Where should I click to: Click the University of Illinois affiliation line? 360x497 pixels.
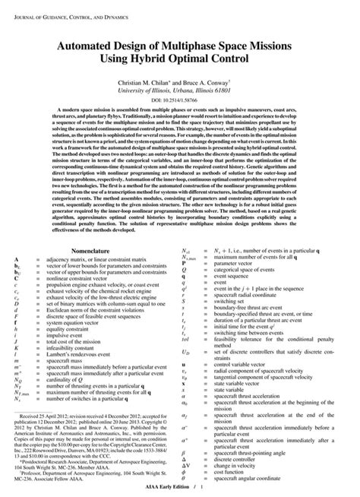[x=179, y=89]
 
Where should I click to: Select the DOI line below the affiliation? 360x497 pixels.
[x=179, y=100]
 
